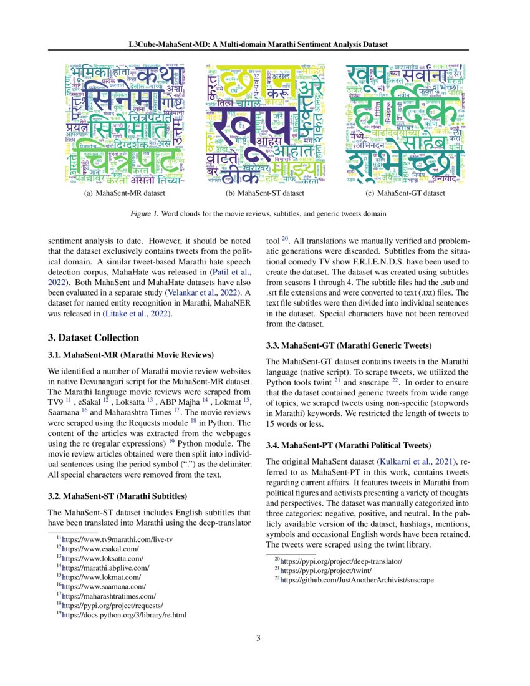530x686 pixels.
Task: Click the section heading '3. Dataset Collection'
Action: click(x=94, y=337)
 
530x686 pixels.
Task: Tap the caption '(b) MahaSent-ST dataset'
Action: click(x=265, y=193)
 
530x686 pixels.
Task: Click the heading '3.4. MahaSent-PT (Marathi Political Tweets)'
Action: click(x=348, y=445)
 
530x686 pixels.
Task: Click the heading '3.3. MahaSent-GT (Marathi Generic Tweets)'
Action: click(x=349, y=345)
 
